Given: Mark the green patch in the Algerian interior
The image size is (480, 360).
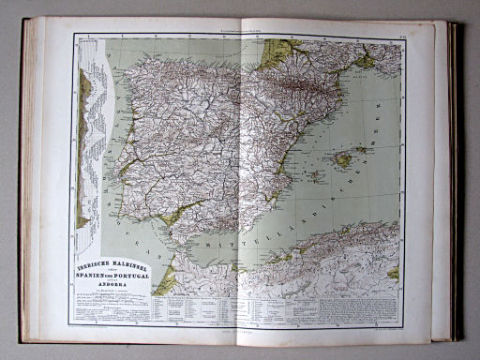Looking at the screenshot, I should pyautogui.click(x=393, y=273).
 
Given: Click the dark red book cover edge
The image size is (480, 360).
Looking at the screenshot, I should pyautogui.click(x=456, y=187).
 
